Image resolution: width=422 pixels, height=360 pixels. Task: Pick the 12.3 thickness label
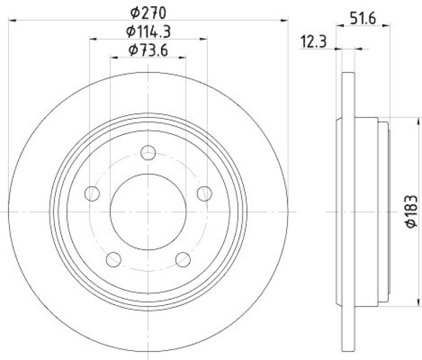(311, 41)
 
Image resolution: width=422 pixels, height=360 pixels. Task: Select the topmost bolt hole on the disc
(149, 153)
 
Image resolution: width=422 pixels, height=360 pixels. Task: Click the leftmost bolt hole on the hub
(92, 194)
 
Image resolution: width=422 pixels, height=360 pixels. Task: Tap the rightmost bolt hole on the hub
(205, 194)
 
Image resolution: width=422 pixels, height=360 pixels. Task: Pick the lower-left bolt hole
(114, 259)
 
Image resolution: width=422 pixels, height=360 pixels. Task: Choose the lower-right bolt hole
(183, 259)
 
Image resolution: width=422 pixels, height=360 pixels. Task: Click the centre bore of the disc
(149, 211)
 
